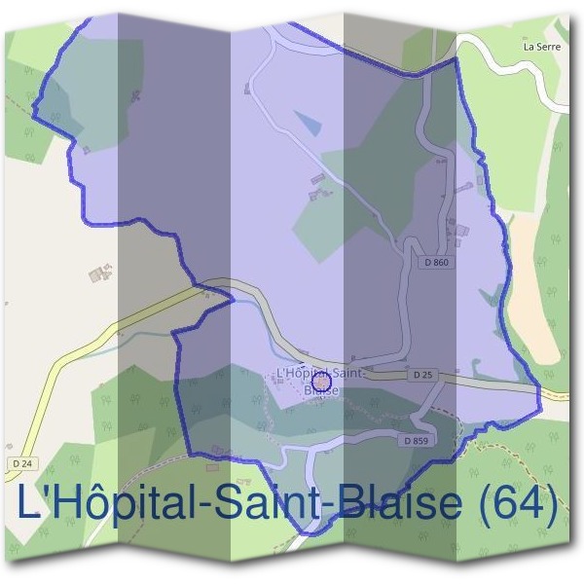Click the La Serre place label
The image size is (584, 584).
tap(541, 46)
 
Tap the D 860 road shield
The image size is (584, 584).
tap(437, 262)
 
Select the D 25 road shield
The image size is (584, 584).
tap(421, 375)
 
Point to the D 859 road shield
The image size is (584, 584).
tap(415, 440)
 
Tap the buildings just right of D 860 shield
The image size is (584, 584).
tap(458, 230)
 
